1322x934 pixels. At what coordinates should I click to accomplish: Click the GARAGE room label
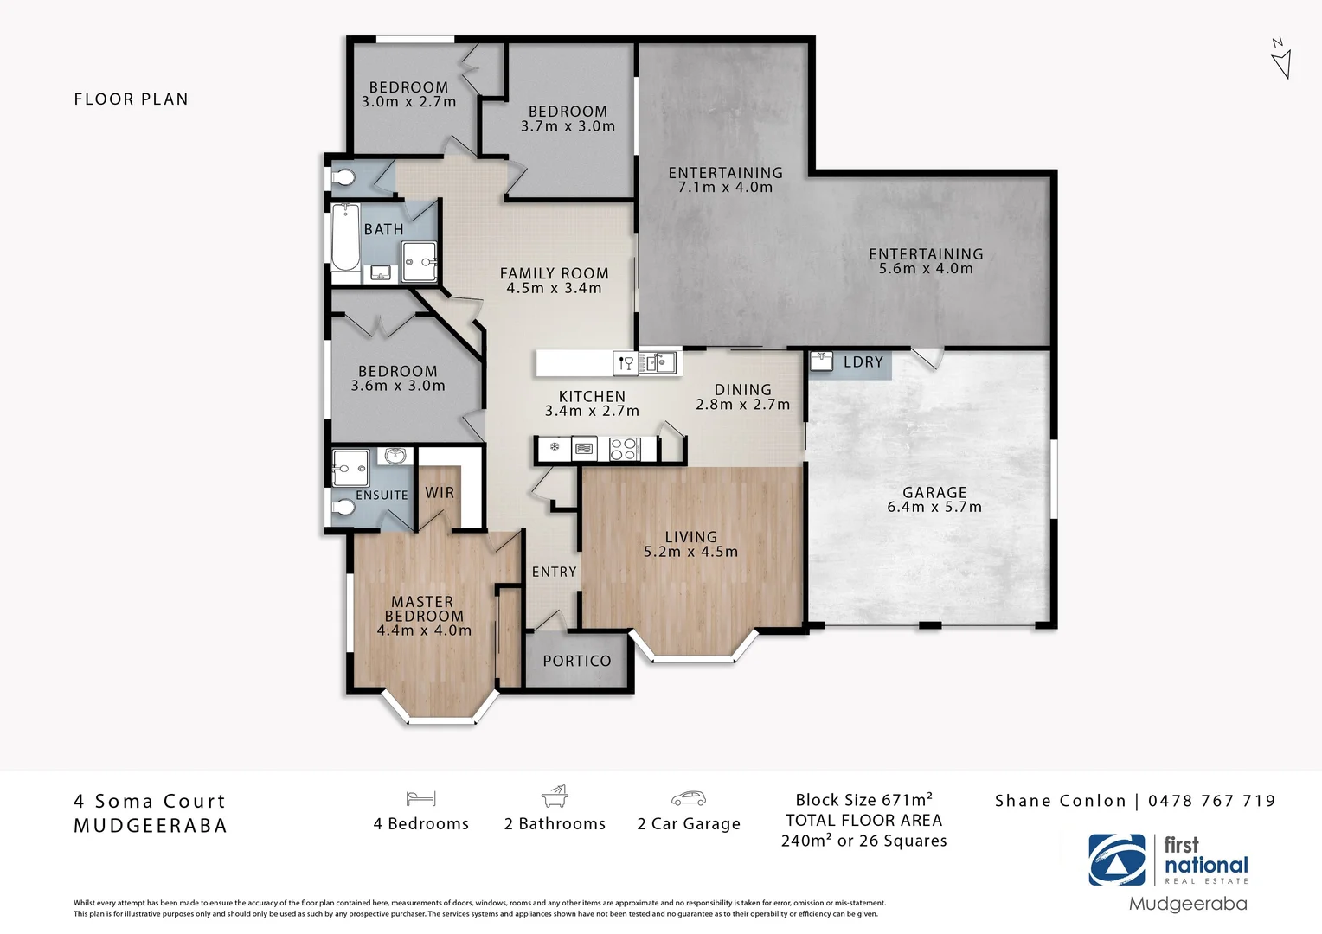(934, 492)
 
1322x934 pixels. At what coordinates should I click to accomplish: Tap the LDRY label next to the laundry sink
(863, 362)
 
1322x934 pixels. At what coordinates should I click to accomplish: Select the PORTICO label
(576, 661)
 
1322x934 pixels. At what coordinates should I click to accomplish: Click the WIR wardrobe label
(440, 492)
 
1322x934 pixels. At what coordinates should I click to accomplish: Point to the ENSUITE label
(382, 496)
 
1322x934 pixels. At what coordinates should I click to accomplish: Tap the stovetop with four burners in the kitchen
(624, 449)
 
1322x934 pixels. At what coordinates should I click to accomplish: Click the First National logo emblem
(1116, 860)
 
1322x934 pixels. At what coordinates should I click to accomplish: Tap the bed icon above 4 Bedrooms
(420, 798)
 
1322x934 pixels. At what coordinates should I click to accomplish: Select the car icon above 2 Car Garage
(688, 798)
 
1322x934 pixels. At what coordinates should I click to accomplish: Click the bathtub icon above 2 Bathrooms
(554, 796)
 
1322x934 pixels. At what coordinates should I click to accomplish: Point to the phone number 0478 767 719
(1211, 801)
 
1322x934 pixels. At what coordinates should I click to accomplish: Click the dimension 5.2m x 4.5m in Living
(690, 552)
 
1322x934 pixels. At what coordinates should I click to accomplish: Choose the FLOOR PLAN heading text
(131, 99)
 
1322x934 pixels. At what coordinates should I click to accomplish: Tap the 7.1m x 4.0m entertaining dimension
(725, 188)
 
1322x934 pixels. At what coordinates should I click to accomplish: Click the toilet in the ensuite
(343, 509)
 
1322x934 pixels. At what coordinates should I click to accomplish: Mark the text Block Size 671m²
(863, 800)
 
